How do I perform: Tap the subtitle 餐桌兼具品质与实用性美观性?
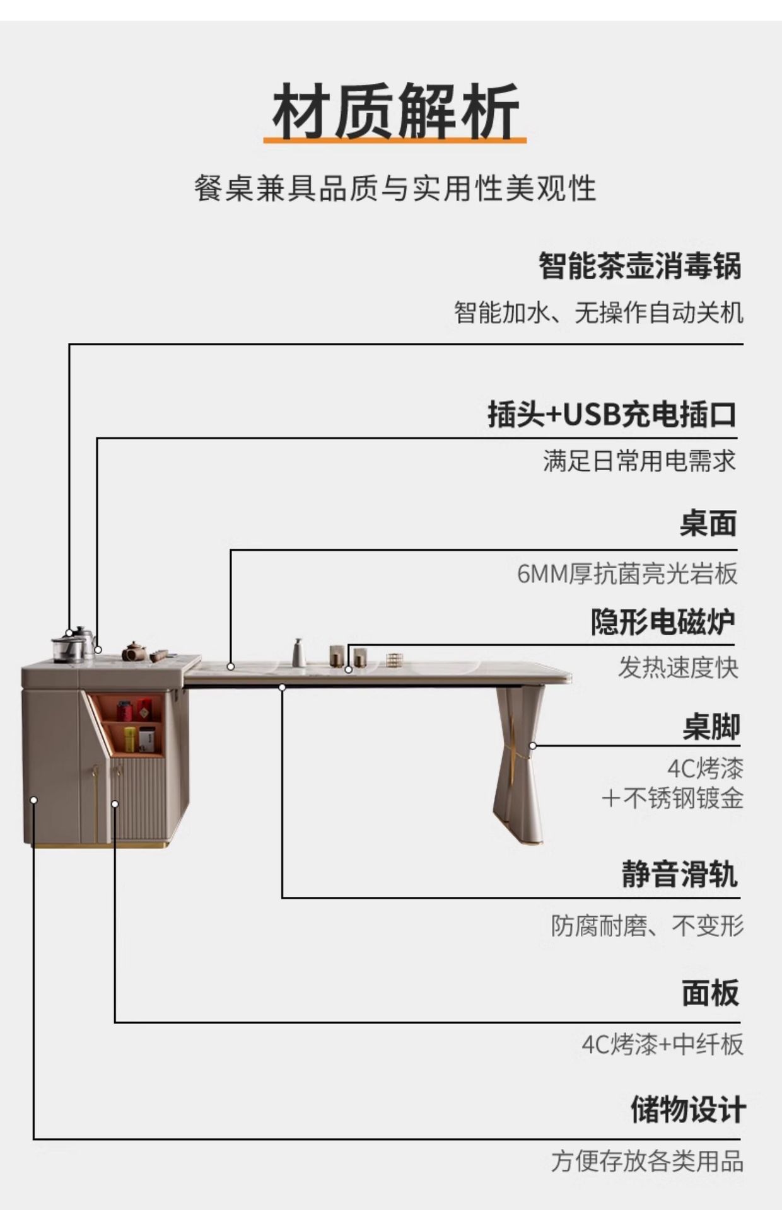[395, 188]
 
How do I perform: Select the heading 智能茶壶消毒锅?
[639, 266]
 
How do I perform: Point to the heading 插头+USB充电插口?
[612, 415]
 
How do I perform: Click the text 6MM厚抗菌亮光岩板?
[627, 574]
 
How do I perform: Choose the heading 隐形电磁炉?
[663, 622]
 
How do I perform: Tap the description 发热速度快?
[677, 667]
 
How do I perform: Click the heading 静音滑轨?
[679, 874]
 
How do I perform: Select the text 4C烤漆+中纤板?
[662, 1044]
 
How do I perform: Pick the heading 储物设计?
[687, 1109]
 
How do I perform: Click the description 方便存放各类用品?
[647, 1161]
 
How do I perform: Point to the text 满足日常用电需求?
[639, 461]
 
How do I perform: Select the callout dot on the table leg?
[533, 746]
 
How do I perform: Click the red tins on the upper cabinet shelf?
[134, 711]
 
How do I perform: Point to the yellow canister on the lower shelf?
[129, 739]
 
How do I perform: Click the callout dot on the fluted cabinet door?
[115, 804]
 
